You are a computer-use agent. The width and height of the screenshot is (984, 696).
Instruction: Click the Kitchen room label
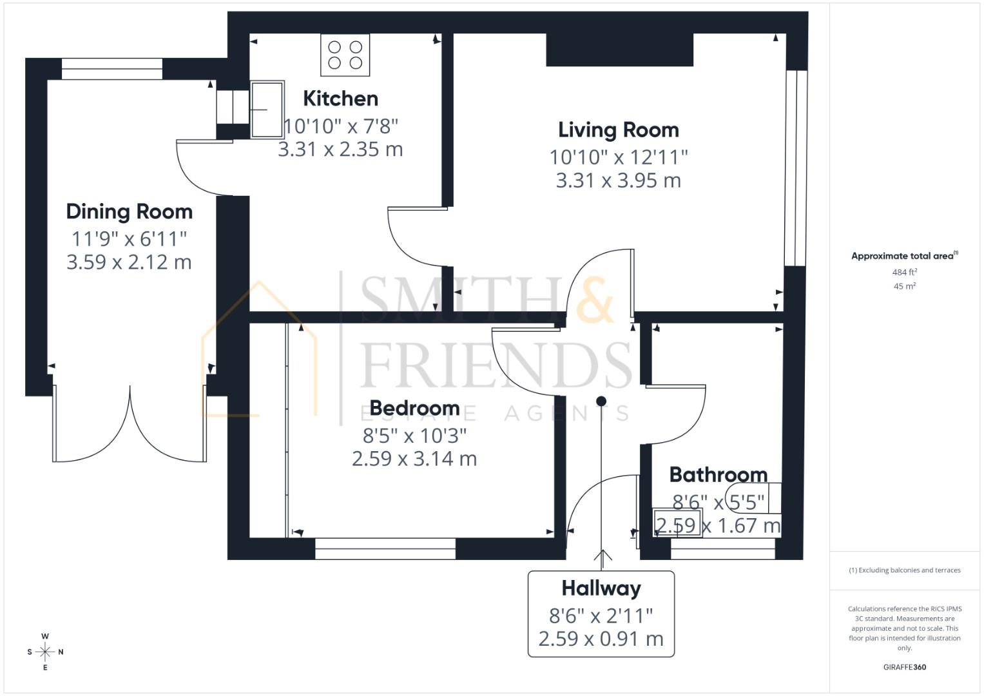(x=340, y=99)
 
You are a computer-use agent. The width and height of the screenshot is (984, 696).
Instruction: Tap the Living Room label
(x=619, y=130)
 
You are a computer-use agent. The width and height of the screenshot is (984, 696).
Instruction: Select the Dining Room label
(x=129, y=211)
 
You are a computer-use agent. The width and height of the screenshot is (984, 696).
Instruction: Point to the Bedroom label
(x=415, y=408)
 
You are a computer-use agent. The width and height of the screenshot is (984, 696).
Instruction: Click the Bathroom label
(x=719, y=474)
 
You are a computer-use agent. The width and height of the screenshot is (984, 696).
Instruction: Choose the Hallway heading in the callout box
(x=601, y=589)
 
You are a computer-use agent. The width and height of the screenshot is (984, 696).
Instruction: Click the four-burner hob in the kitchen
(x=345, y=55)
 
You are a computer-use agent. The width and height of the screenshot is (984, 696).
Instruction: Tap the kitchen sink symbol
(x=267, y=110)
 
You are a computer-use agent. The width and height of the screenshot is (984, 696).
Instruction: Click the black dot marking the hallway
(x=601, y=401)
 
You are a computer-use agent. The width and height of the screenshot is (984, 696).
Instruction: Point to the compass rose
(x=45, y=652)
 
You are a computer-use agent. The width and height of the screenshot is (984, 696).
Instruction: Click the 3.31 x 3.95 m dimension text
(x=619, y=180)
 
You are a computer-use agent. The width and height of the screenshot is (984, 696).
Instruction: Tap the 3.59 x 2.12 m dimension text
(x=129, y=262)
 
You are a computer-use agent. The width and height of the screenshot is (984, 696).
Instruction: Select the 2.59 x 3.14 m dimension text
(x=414, y=459)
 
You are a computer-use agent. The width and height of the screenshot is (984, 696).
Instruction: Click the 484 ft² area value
(x=905, y=272)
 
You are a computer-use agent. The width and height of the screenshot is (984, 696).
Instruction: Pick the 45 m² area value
(x=905, y=286)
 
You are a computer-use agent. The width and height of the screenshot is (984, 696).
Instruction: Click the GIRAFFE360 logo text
(x=905, y=667)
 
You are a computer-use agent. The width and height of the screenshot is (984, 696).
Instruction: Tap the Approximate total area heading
(x=905, y=256)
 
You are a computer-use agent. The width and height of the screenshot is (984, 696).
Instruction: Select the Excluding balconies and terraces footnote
(x=905, y=570)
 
